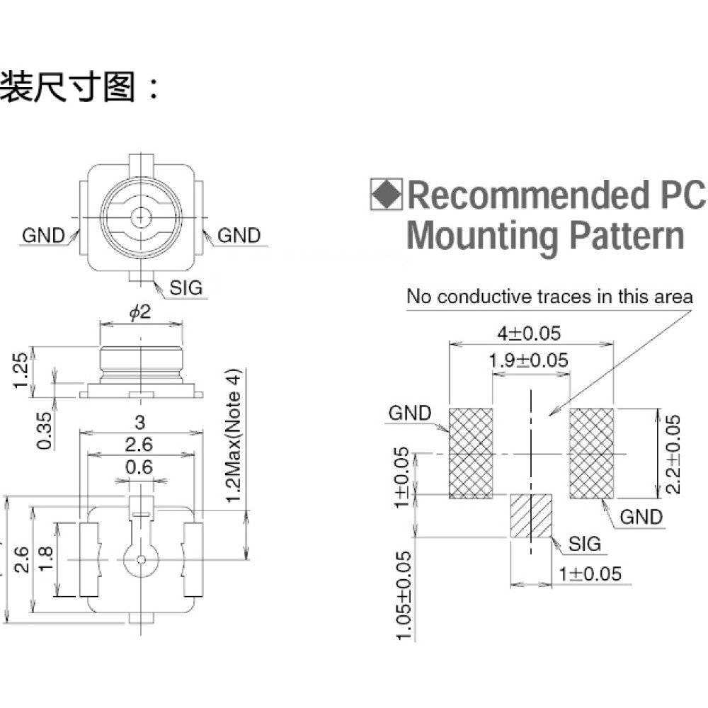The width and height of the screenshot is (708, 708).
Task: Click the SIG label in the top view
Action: coord(185,287)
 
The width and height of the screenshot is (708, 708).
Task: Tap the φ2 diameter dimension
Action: coord(140,312)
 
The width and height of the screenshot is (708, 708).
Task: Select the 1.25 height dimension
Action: coord(21,371)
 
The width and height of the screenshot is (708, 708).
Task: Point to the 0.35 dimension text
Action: coord(45,430)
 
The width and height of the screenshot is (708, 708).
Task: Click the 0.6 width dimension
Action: coord(139,467)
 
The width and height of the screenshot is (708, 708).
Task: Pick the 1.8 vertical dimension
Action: coord(46,559)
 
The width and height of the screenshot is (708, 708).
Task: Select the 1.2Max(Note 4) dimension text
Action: coord(234,436)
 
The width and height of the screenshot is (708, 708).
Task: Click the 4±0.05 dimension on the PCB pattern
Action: coord(529,333)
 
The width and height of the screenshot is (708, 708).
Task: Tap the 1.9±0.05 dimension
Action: coord(528,360)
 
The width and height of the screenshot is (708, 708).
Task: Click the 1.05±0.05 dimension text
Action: coord(404,595)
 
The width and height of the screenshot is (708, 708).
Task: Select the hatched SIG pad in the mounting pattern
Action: coord(531,515)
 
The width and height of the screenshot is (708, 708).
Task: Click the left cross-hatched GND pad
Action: coord(471,453)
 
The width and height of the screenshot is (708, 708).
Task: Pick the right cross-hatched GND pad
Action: coord(591,453)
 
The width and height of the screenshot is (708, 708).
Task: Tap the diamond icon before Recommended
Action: coord(386,194)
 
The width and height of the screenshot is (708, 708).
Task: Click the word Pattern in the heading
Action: coord(627,236)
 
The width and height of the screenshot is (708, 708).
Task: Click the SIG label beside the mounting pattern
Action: coord(585,544)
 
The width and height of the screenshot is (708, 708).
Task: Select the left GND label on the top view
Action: coord(43,235)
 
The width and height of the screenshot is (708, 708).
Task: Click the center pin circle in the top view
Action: coord(140,218)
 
